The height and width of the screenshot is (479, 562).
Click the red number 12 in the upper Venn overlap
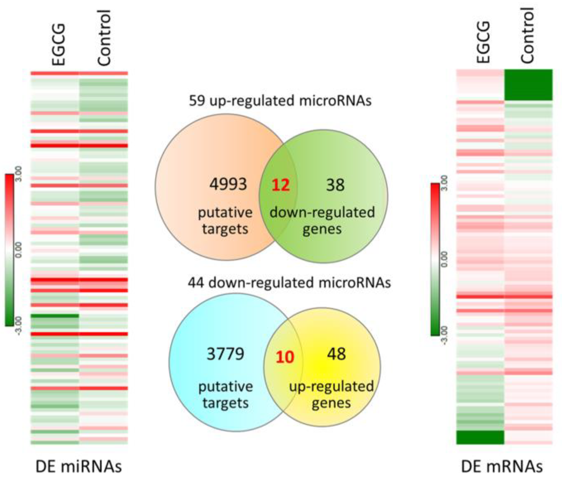[x=281, y=185]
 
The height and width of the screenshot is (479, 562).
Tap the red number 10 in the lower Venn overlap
[x=285, y=357]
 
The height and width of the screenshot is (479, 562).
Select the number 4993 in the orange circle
[x=228, y=184]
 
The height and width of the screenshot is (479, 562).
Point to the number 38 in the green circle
[x=335, y=185]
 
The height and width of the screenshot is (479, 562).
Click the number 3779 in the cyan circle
[x=225, y=354]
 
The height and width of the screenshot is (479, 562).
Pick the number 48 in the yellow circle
[x=336, y=354]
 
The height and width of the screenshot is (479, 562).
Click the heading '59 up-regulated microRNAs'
[x=280, y=101]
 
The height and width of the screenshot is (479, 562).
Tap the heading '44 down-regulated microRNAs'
[x=289, y=282]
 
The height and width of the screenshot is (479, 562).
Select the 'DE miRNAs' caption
[x=78, y=466]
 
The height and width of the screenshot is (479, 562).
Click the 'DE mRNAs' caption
[x=502, y=466]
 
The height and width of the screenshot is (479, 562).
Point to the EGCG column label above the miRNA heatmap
[x=59, y=44]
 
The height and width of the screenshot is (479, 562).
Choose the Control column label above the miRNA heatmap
[x=104, y=38]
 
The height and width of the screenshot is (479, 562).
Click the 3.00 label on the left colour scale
[x=18, y=174]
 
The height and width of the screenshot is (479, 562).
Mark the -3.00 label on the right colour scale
[x=444, y=335]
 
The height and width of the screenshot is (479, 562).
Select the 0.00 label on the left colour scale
[x=18, y=250]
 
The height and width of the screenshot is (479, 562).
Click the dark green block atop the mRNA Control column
[x=528, y=85]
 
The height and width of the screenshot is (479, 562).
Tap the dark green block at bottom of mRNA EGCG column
[x=480, y=437]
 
